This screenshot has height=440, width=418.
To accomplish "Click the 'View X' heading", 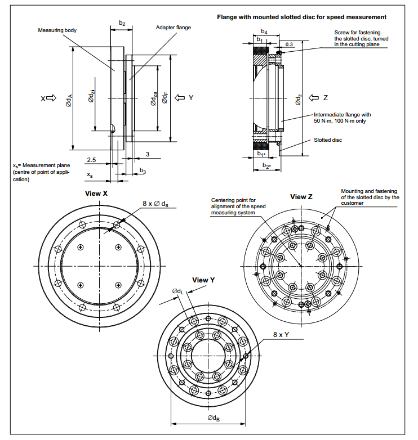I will tap(96, 193).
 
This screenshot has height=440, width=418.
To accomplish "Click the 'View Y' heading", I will tap(203, 280).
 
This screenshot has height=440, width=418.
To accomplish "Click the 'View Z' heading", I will tap(301, 197).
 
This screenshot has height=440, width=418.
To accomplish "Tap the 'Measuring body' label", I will tap(57, 30).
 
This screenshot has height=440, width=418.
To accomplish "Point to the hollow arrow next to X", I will tap(51, 98).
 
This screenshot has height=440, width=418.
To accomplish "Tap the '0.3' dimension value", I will tap(289, 44).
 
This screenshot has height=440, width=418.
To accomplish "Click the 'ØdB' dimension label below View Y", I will tap(214, 417).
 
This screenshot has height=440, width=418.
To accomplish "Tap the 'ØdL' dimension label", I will tap(177, 291).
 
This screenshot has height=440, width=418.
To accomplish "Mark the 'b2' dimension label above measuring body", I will tap(122, 23).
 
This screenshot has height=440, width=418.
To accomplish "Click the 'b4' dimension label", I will tap(264, 31).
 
